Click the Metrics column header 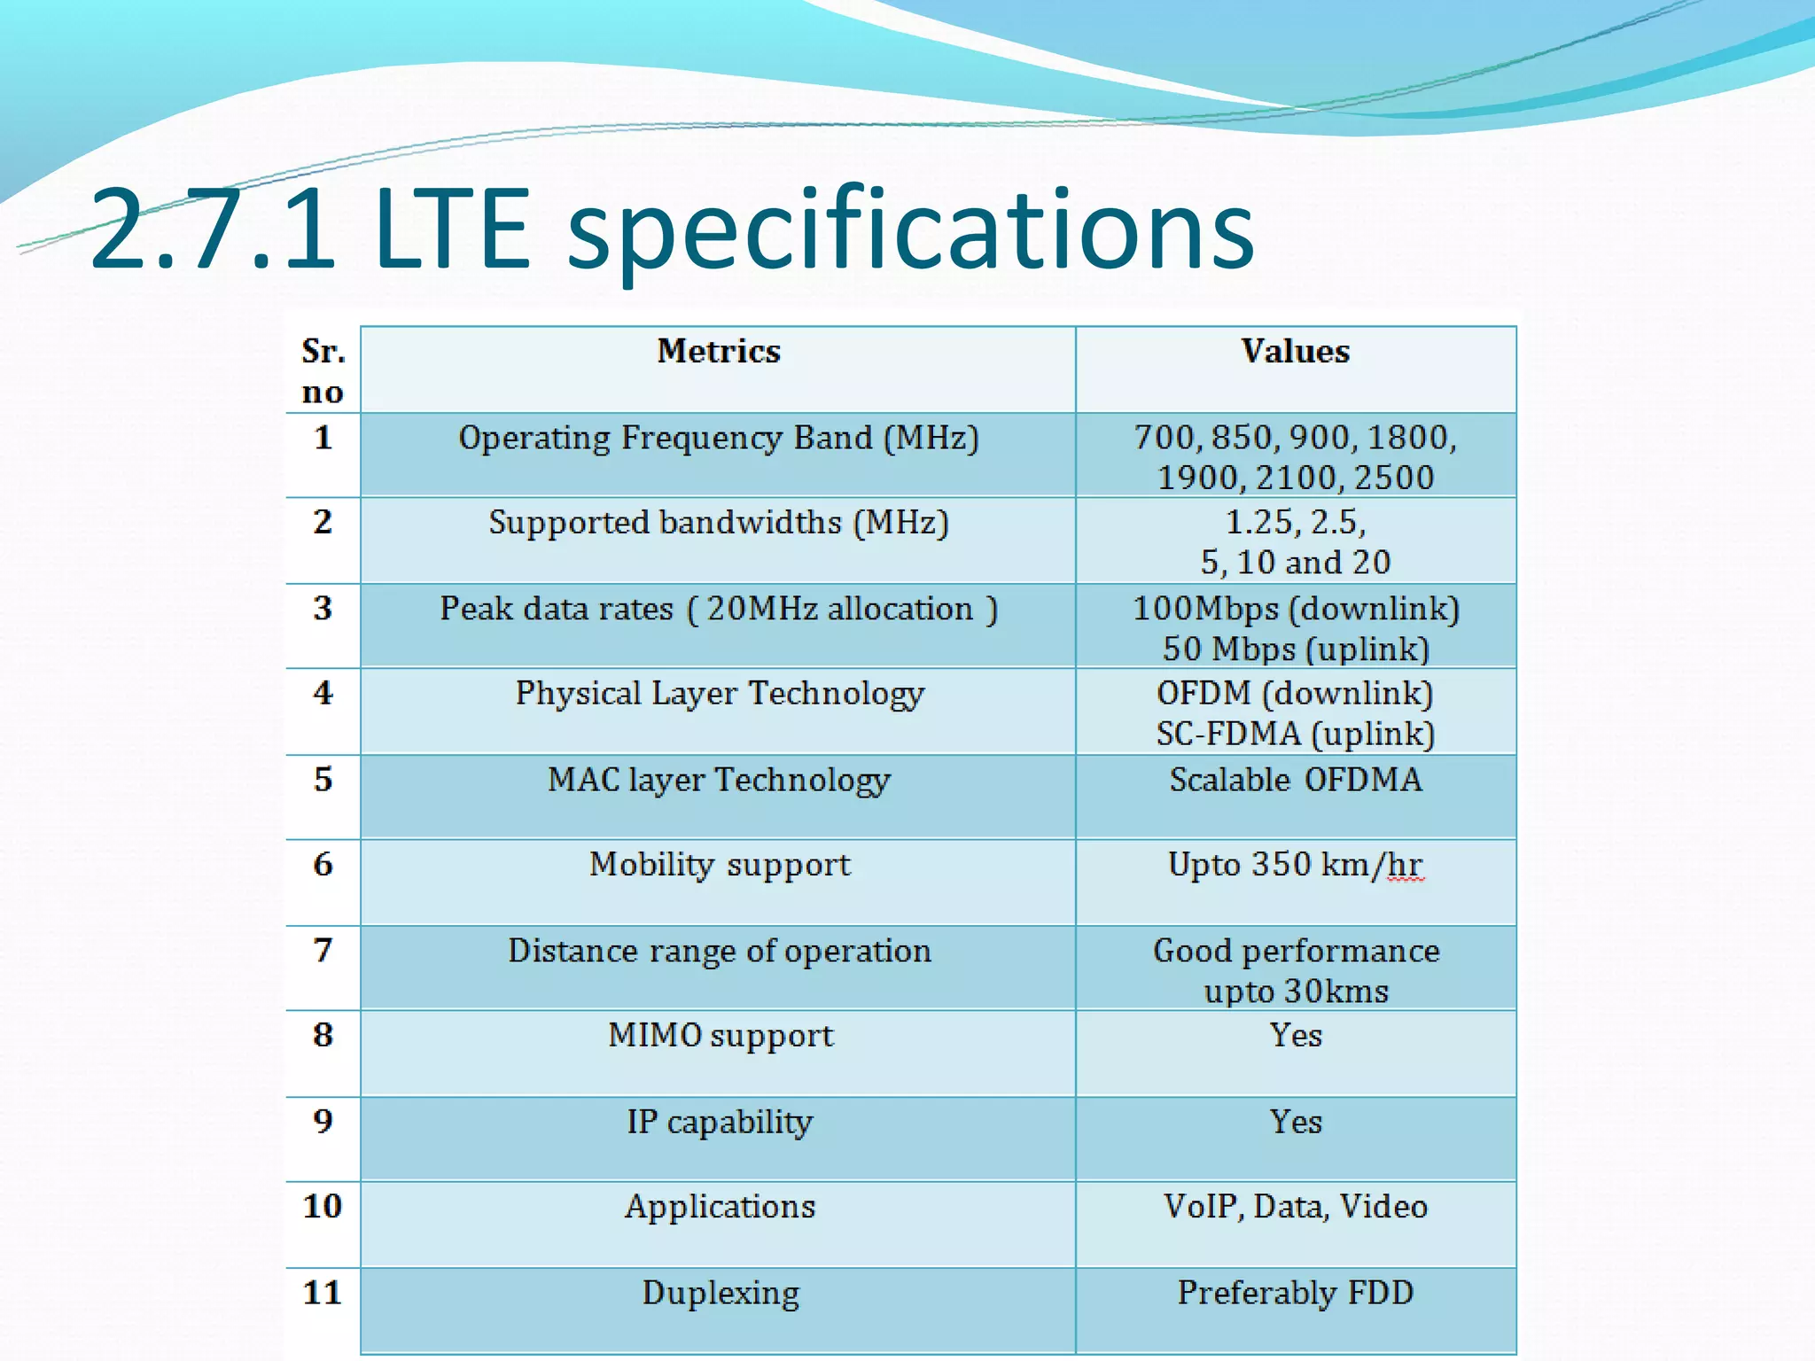pos(718,352)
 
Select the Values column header pos(1295,352)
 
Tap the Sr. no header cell pos(323,371)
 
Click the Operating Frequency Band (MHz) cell pos(718,439)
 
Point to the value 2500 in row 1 pos(1393,478)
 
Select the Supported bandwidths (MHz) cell pos(718,523)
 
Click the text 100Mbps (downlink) pos(1295,609)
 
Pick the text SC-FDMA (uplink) pos(1295,734)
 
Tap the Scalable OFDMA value pos(1295,780)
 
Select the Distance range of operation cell pos(718,952)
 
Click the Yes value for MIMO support pos(1295,1036)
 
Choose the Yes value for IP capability pos(1295,1123)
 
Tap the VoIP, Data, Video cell pos(1295,1207)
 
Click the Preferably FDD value pos(1295,1293)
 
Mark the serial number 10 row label pos(323,1206)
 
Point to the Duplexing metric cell pos(720,1294)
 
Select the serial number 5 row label pos(323,780)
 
